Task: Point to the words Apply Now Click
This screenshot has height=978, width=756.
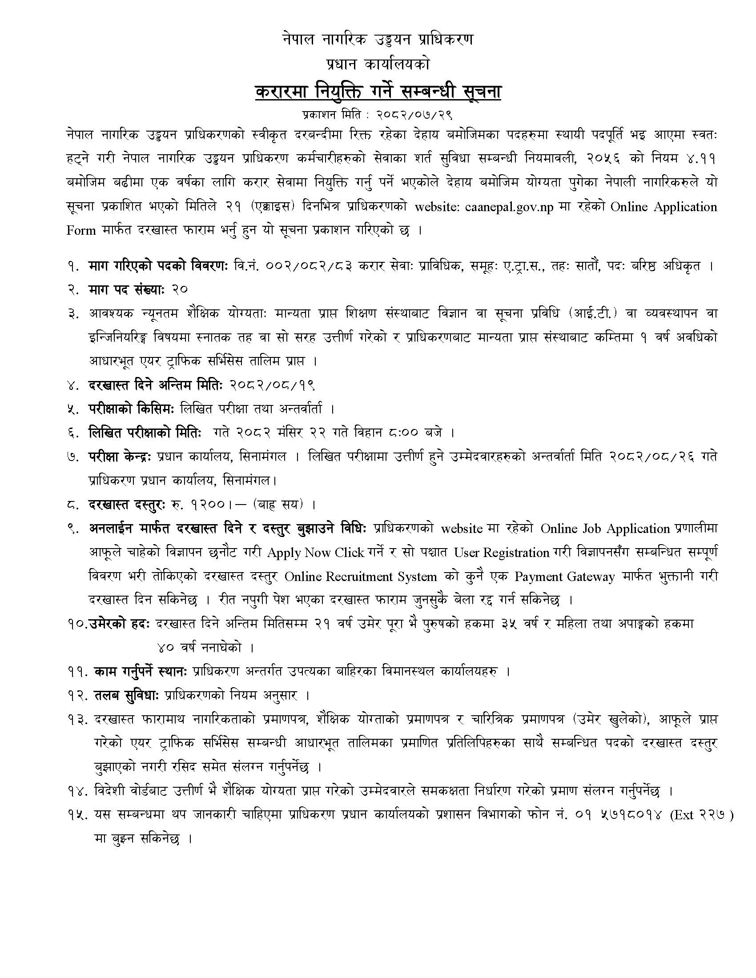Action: point(315,553)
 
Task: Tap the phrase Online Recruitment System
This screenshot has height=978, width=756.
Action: point(361,577)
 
